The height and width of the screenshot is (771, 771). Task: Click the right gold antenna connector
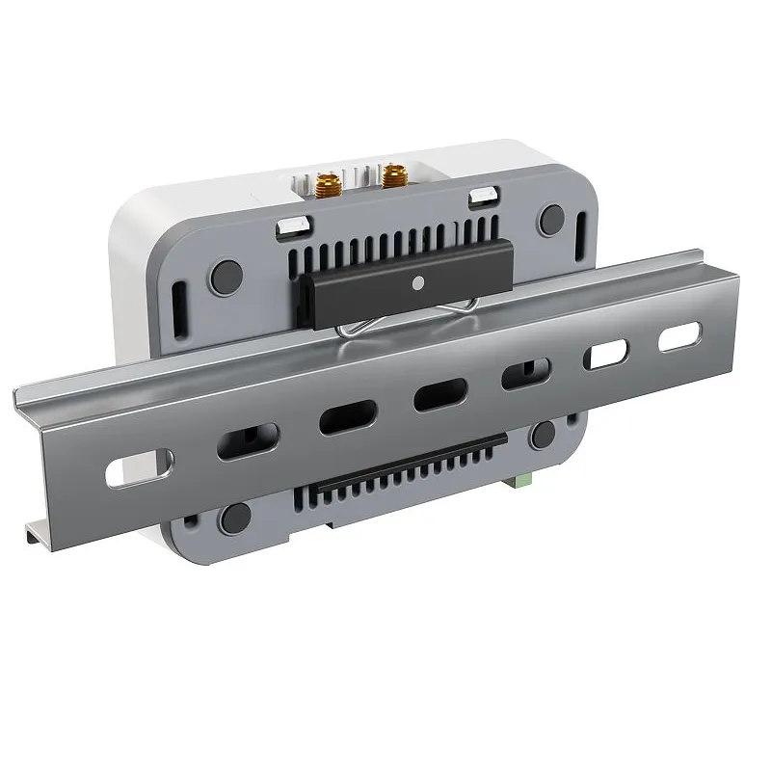pos(393,174)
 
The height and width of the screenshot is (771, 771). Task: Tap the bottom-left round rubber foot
pos(234,519)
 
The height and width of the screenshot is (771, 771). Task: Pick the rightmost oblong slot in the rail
pos(679,336)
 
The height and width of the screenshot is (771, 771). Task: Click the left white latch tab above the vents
pos(293,226)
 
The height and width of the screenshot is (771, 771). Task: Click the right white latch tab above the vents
pos(484,197)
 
